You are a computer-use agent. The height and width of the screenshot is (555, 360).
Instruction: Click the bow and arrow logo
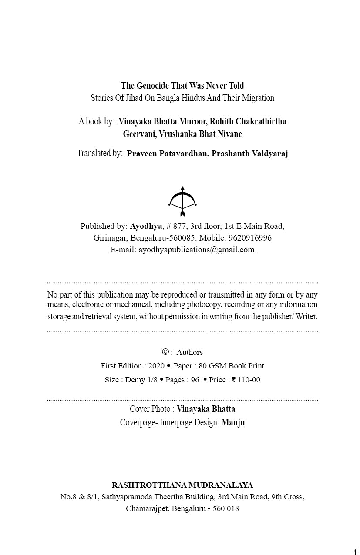click(182, 201)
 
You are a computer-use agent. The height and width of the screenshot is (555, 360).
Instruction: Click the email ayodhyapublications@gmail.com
click(196, 250)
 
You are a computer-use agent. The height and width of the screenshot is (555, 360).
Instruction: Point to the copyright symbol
click(165, 352)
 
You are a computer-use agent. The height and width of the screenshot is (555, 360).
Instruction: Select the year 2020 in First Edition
click(156, 366)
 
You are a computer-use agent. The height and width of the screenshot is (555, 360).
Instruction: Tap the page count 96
click(195, 380)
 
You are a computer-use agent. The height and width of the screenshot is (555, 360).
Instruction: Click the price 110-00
click(249, 380)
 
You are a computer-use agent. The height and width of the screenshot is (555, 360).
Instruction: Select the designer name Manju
click(233, 422)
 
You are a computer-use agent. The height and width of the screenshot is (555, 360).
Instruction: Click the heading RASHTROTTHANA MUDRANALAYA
click(182, 485)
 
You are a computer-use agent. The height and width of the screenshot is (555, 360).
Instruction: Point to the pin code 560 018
click(225, 508)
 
